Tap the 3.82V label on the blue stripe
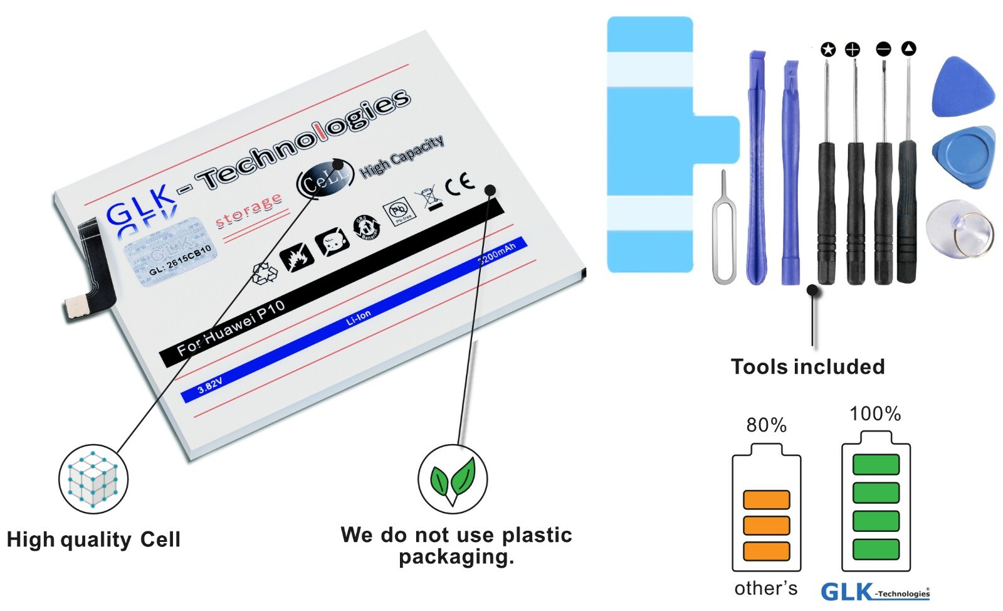209,385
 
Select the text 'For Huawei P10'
231,327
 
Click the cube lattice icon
93,480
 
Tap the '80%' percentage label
766,425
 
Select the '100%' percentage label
875,414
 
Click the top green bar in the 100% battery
876,464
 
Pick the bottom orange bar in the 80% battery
766,551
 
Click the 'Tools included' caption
807,367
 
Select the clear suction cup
959,230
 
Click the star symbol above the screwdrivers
828,49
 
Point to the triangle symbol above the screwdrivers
908,48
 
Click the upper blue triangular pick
963,88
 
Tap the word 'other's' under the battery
765,588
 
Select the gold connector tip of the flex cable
76,306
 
